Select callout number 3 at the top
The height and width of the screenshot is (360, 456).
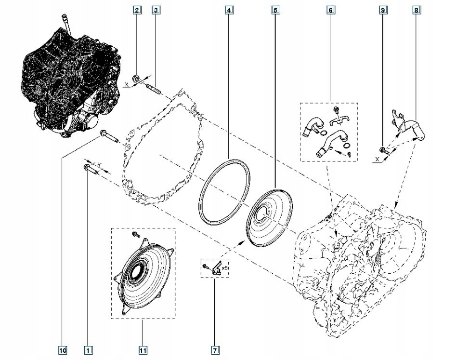point(155,10)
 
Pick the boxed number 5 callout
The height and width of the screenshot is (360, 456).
point(275,10)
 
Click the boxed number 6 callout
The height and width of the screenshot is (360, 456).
point(331,10)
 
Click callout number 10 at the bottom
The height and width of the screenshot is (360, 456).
point(62,350)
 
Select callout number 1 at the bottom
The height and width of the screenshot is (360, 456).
point(88,350)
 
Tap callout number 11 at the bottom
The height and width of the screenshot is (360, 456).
point(143,350)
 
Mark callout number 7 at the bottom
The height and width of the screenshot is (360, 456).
point(214,350)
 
